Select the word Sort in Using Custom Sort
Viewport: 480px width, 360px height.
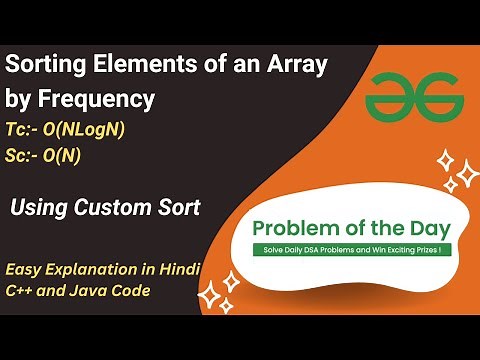[x=176, y=208]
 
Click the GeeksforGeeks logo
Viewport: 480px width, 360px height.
[x=413, y=97]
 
